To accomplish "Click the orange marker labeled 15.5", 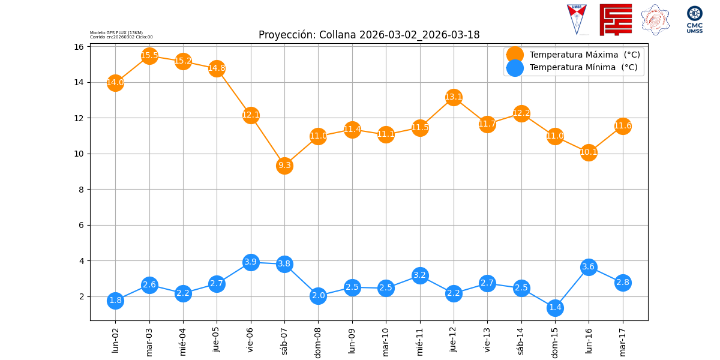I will click(149, 56).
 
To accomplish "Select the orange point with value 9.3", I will click(284, 166).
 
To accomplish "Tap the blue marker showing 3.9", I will click(251, 262).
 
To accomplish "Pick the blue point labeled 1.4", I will click(555, 308).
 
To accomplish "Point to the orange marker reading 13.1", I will click(454, 97).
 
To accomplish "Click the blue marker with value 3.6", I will click(589, 267).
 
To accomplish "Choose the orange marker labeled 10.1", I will click(589, 152).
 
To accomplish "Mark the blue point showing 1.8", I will click(115, 301).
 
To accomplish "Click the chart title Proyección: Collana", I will click(369, 35).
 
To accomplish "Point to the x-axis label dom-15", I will click(555, 341).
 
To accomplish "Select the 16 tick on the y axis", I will click(78, 47).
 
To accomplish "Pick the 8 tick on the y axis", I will click(80, 190).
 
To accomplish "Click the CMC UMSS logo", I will click(694, 19).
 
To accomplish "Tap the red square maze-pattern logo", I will click(616, 20).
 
